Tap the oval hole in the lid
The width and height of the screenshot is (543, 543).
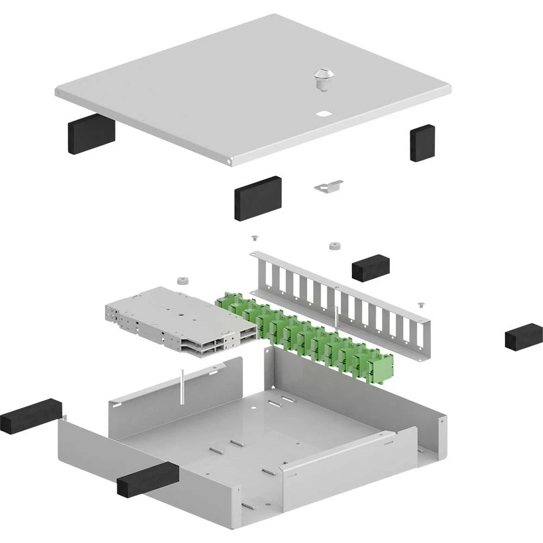[324, 114]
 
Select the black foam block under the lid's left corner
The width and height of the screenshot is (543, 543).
[91, 135]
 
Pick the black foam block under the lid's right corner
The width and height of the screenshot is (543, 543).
[422, 142]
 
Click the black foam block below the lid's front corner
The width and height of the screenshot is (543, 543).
[258, 197]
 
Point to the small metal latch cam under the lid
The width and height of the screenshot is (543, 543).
[329, 186]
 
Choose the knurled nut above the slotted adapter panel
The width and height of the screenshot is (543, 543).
[333, 246]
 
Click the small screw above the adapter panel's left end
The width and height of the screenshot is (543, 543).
[254, 237]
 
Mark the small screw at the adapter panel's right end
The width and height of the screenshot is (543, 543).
[421, 305]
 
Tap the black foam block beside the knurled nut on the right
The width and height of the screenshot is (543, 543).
[371, 266]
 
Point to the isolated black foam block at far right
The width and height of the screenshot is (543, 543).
[523, 336]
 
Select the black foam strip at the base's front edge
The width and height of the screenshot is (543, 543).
[148, 479]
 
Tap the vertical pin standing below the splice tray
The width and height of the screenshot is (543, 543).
[183, 387]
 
